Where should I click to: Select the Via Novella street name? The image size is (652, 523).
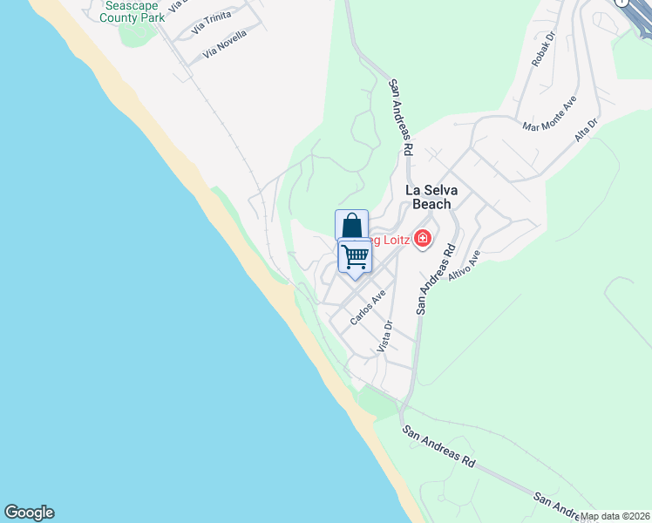225,45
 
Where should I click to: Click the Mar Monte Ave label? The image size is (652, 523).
549,114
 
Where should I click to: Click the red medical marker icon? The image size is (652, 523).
423,237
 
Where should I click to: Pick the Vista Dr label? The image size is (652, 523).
385,336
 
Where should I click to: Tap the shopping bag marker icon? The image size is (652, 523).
351,226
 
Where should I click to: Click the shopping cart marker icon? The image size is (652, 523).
355,256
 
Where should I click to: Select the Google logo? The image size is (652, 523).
29,513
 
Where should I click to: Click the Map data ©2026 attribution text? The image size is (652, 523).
615,516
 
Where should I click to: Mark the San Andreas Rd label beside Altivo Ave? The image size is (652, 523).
436,278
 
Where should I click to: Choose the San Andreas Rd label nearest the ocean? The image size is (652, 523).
438,445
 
